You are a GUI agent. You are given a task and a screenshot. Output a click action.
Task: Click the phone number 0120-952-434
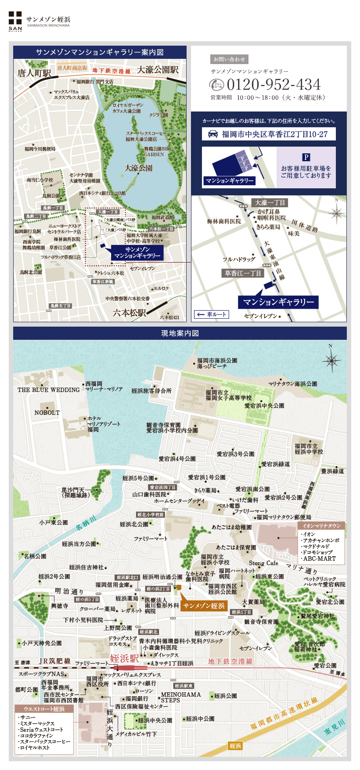click(x=274, y=85)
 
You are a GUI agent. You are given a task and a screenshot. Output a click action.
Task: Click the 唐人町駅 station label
click(x=34, y=73)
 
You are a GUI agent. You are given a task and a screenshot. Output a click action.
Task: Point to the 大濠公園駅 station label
click(x=158, y=70)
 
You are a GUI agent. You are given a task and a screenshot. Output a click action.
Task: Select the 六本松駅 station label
click(x=129, y=313)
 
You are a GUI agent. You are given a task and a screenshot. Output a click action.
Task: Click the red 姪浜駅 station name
click(x=124, y=658)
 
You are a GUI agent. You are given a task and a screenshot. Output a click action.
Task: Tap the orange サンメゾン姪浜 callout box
click(x=204, y=606)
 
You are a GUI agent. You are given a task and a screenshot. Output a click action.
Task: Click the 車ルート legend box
click(x=212, y=314)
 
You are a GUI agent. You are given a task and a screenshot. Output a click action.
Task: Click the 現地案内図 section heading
click(x=180, y=333)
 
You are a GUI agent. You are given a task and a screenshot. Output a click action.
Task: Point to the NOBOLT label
click(x=47, y=413)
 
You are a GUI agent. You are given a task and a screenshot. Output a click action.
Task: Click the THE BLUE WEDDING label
click(x=49, y=390)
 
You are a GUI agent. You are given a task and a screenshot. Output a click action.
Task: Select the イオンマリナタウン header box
click(x=321, y=525)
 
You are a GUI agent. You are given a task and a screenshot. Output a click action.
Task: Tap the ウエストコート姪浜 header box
click(x=44, y=709)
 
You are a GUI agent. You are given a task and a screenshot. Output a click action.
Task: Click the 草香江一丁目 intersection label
click(x=243, y=273)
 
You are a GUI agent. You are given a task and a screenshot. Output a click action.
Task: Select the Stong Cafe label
click(x=263, y=563)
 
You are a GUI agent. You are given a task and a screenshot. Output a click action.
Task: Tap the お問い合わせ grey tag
click(x=229, y=59)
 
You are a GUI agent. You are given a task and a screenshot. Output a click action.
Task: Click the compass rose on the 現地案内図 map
click(x=331, y=361)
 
